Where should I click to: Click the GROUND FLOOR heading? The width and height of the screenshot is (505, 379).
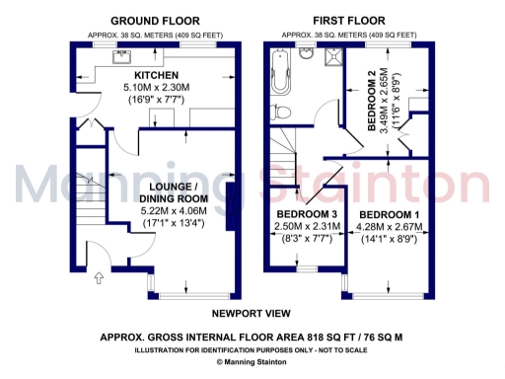tap(154, 20)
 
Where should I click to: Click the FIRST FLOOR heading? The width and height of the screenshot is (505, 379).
tap(350, 20)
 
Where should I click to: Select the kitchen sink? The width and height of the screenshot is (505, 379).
tap(126, 52)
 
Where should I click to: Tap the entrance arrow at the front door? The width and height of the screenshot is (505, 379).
tap(98, 279)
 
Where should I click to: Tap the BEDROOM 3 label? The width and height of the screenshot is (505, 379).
tap(305, 214)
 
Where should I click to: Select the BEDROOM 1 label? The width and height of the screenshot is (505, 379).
tap(388, 214)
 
